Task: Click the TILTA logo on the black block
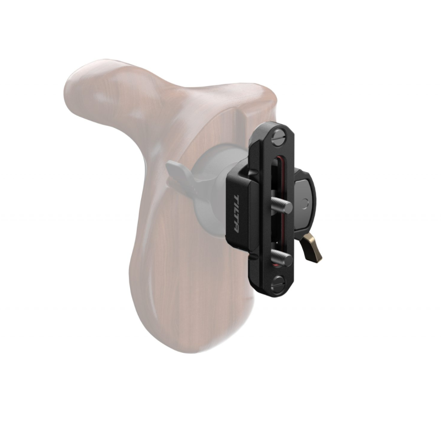pos(236,214)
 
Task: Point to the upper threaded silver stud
pos(282,203)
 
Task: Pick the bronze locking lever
pos(313,248)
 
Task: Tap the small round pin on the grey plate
pos(305,203)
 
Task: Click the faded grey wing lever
pos(176,174)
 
